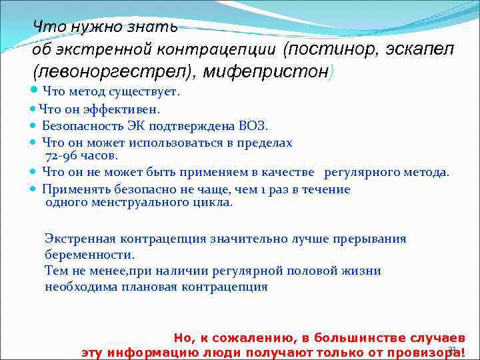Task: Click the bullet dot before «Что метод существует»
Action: [x=35, y=92]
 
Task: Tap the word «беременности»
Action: [x=89, y=255]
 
